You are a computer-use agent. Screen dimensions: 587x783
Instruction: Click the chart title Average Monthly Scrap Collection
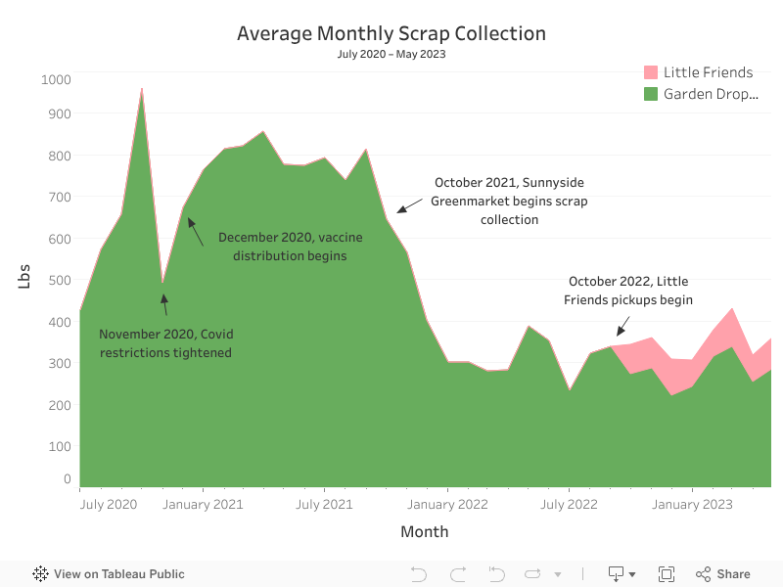click(391, 33)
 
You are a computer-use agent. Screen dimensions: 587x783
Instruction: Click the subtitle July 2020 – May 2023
click(391, 54)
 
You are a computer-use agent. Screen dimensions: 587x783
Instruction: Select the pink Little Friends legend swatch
click(650, 72)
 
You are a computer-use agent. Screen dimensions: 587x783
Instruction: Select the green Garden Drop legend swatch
click(650, 94)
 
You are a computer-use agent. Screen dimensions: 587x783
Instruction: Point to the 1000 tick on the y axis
click(56, 79)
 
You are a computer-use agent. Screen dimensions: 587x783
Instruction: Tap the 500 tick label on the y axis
click(59, 280)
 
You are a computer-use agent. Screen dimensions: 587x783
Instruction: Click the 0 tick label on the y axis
click(67, 479)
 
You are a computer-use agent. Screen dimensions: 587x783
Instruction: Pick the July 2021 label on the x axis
click(324, 505)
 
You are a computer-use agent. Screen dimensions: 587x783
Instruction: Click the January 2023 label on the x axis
click(692, 505)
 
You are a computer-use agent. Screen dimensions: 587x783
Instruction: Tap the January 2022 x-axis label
click(447, 505)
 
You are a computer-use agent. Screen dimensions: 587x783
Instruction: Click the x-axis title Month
click(424, 532)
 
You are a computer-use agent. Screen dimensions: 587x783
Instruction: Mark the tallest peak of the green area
click(142, 90)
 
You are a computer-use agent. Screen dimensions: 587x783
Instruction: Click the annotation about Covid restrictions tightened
click(165, 343)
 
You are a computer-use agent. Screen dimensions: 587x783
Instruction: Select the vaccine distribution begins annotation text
click(282, 247)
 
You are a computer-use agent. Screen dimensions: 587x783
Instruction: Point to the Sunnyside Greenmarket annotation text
click(509, 201)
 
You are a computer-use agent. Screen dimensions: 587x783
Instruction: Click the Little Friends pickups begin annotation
click(628, 291)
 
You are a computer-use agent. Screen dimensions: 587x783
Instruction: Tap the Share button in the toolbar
click(723, 574)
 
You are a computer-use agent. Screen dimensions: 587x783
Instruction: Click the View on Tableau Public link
click(109, 574)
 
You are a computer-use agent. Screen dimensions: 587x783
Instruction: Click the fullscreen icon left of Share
click(667, 574)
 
